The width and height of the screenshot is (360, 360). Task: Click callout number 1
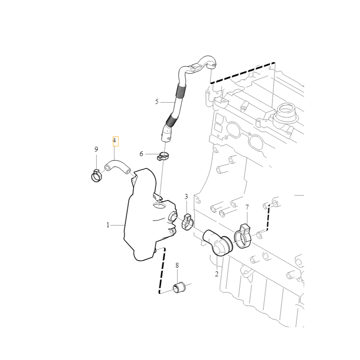[108, 225]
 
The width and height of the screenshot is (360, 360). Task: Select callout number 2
[216, 274]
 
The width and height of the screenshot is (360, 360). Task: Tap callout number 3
[186, 197]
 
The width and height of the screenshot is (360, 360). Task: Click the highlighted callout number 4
[115, 140]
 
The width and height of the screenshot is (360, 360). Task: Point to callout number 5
[157, 102]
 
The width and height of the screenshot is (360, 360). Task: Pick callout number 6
[141, 154]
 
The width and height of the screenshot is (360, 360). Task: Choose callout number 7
[247, 207]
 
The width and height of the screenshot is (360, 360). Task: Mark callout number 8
[177, 265]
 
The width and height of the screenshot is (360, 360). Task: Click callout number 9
[96, 149]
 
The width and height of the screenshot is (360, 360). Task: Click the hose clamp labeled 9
[96, 176]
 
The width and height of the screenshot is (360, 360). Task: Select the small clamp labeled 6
[163, 156]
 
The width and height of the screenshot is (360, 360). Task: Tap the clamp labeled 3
[188, 221]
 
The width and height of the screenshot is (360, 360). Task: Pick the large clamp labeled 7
[243, 237]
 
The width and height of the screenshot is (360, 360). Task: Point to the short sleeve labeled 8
[179, 288]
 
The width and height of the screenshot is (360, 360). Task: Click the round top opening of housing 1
[159, 205]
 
